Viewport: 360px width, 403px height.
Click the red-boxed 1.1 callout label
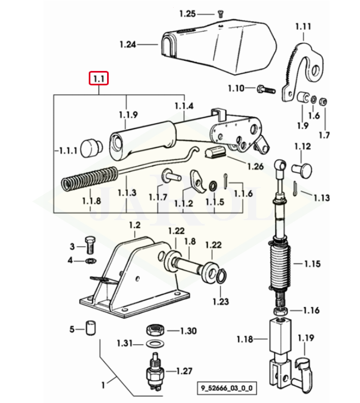(x=99, y=79)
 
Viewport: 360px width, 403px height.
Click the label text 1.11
(x=303, y=26)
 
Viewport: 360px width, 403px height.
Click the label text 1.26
(x=255, y=166)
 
